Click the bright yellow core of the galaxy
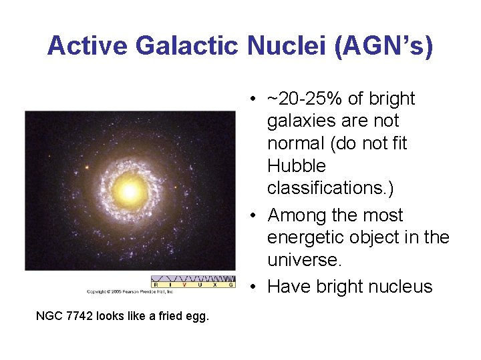[x=129, y=191]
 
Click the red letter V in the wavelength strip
[x=184, y=285]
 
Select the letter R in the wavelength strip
[x=155, y=285]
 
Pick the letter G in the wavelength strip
[x=231, y=285]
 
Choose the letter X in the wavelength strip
[x=215, y=285]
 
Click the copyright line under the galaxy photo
[x=130, y=291]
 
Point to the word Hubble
[x=296, y=165]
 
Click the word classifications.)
[x=330, y=188]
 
